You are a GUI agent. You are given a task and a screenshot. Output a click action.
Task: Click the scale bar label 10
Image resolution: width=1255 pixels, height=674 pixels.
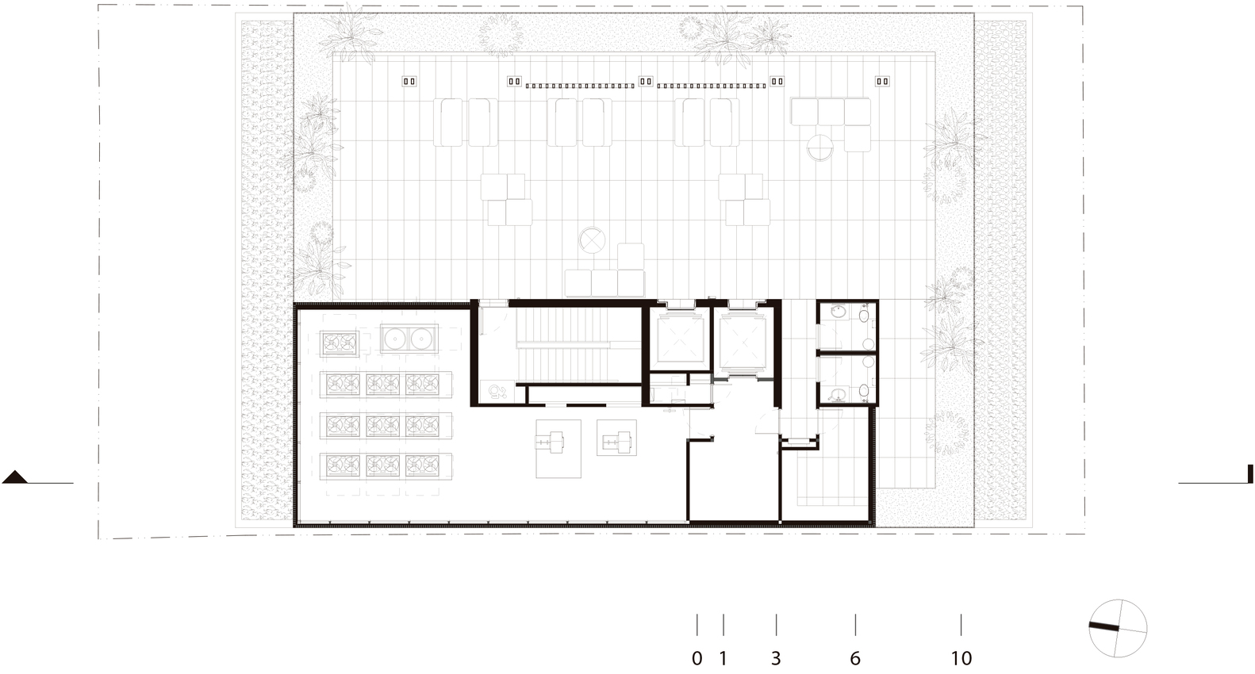click(x=961, y=659)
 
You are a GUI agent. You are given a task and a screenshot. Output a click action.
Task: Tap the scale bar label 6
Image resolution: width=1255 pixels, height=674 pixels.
click(x=855, y=659)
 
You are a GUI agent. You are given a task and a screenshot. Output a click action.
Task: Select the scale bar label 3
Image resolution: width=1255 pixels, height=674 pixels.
click(x=776, y=659)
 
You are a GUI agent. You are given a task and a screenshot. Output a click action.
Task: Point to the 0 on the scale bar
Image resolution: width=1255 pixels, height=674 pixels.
click(x=697, y=659)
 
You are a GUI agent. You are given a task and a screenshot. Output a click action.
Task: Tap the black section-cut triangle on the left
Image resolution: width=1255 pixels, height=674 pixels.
click(x=14, y=477)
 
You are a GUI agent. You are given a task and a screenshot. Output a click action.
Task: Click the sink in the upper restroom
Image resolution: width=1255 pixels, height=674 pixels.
click(x=839, y=312)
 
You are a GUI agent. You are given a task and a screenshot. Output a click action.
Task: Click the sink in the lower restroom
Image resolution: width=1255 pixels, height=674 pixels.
click(x=839, y=395)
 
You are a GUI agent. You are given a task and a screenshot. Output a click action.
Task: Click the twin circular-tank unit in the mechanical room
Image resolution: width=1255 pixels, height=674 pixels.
click(x=409, y=339)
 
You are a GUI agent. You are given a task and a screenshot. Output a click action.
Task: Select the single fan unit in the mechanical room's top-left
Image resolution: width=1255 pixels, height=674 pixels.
click(x=340, y=343)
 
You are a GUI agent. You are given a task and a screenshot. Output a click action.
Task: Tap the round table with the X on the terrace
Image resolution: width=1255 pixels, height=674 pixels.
click(x=593, y=241)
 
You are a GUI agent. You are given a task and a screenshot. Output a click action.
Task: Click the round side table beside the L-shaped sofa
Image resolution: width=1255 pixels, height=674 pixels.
click(x=820, y=147)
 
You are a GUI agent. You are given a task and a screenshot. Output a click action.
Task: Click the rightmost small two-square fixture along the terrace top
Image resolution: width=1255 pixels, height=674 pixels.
click(x=882, y=81)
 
